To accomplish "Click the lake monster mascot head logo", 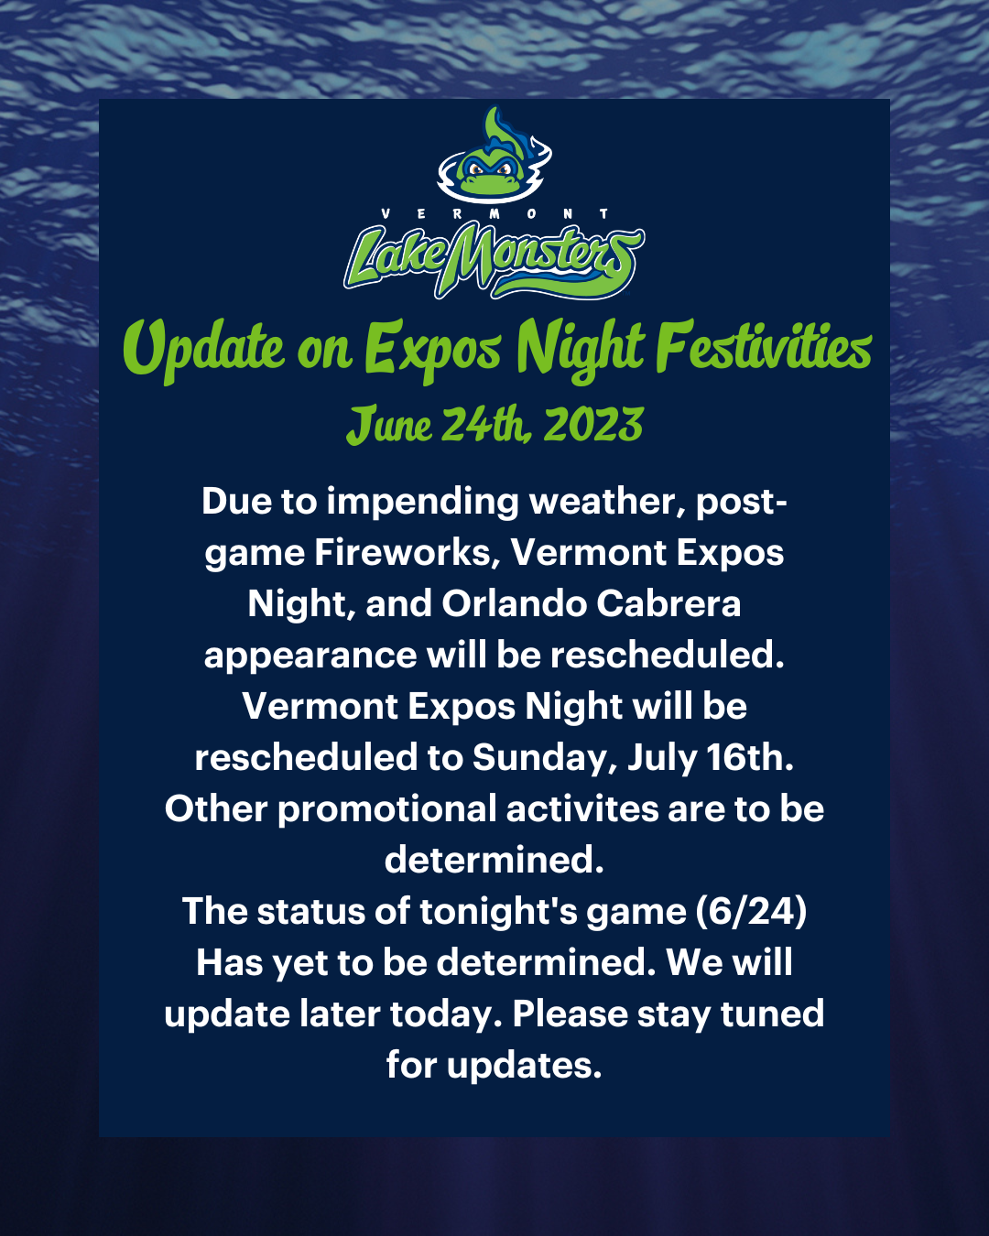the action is coord(494,155).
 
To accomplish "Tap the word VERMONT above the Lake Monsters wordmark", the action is coord(494,213).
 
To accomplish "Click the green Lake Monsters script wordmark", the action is coord(494,261).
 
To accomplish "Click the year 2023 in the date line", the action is coord(592,425).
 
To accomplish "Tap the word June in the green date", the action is coord(389,425).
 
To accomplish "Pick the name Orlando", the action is coord(514,604).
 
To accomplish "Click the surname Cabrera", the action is coord(668,604).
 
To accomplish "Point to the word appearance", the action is coord(310,656).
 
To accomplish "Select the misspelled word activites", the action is coord(582,808).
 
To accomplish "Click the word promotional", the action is coord(387,810).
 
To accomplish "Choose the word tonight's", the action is coord(497,913).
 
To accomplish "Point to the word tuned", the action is coord(773,1014).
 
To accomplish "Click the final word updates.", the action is coord(524,1066).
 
